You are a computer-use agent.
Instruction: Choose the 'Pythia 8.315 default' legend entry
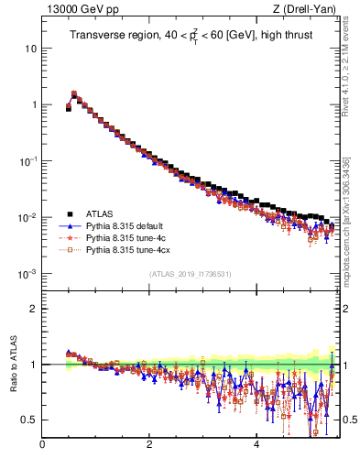coord(127,225)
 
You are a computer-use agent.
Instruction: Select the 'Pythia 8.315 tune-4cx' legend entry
coord(129,249)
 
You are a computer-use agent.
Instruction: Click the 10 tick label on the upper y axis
coord(31,48)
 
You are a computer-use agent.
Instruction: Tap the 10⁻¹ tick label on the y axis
coord(27,161)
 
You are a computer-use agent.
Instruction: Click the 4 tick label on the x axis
coord(256,446)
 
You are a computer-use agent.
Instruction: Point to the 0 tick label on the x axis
coord(42,446)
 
